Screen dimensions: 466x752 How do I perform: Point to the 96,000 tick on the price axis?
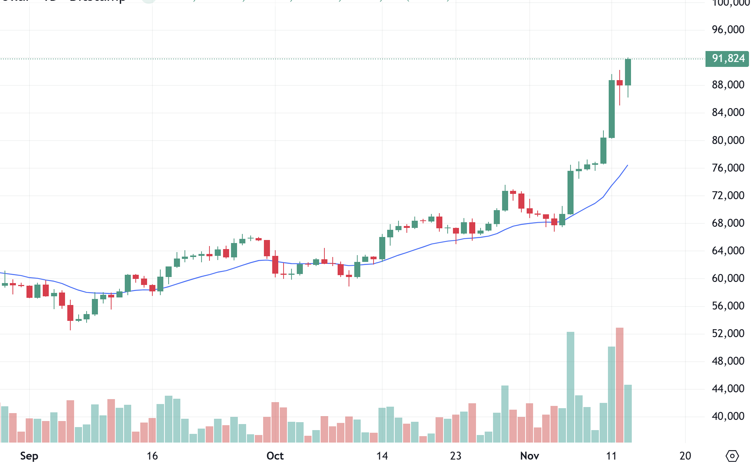pyautogui.click(x=728, y=29)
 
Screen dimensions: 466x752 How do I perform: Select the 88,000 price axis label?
pyautogui.click(x=728, y=85)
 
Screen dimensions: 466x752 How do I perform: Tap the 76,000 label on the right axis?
pyautogui.click(x=728, y=168)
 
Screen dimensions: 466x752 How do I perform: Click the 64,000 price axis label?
pyautogui.click(x=728, y=251)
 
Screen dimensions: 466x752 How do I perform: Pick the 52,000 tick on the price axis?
pyautogui.click(x=728, y=333)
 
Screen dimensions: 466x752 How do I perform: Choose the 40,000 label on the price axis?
pyautogui.click(x=728, y=416)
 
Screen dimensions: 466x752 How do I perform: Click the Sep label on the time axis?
pyautogui.click(x=29, y=456)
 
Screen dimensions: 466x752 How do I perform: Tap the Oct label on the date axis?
pyautogui.click(x=275, y=456)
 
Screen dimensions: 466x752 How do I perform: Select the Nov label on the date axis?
pyautogui.click(x=529, y=456)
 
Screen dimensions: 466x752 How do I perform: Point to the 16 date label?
pyautogui.click(x=152, y=456)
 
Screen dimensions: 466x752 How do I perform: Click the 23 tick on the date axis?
pyautogui.click(x=456, y=456)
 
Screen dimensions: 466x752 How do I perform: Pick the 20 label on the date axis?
pyautogui.click(x=685, y=456)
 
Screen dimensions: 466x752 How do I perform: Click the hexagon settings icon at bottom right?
pyautogui.click(x=732, y=456)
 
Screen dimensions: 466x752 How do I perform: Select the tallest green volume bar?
pyautogui.click(x=570, y=387)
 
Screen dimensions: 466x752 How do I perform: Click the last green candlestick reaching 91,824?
pyautogui.click(x=628, y=72)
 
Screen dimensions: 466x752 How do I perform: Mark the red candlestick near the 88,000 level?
pyautogui.click(x=619, y=83)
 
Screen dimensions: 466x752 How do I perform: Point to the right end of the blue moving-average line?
pyautogui.click(x=628, y=165)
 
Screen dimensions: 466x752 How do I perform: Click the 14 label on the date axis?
pyautogui.click(x=382, y=456)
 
